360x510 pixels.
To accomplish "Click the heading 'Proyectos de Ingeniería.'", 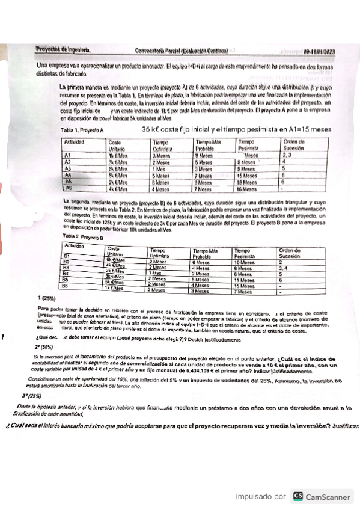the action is tap(64, 51).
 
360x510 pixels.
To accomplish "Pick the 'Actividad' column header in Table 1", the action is tap(75, 142).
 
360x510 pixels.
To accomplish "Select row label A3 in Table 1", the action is tap(68, 168).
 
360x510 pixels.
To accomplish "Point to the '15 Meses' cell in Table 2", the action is tap(245, 286).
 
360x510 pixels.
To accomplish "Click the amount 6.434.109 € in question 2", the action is tap(210, 371).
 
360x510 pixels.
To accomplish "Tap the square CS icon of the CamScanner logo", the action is tap(297, 496).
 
